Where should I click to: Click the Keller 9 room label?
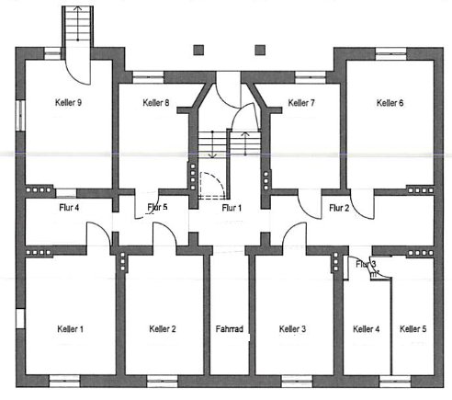tap(67, 102)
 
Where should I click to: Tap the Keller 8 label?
tap(155, 102)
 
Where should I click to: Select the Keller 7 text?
tap(301, 102)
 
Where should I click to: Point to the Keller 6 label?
tap(390, 102)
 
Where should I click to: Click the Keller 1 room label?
tap(70, 328)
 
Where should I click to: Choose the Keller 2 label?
tap(163, 328)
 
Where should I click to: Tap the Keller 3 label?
tap(292, 328)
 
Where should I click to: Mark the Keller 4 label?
tap(366, 328)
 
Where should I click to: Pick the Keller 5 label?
tap(412, 328)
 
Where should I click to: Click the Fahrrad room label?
tap(229, 328)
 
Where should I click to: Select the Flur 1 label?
tap(232, 208)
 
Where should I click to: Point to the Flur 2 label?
tap(338, 208)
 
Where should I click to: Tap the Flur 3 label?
tap(366, 265)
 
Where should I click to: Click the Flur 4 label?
tap(69, 208)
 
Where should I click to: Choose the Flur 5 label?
tap(157, 208)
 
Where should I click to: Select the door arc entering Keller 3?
tap(294, 235)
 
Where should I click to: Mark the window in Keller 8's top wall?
tap(145, 72)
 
